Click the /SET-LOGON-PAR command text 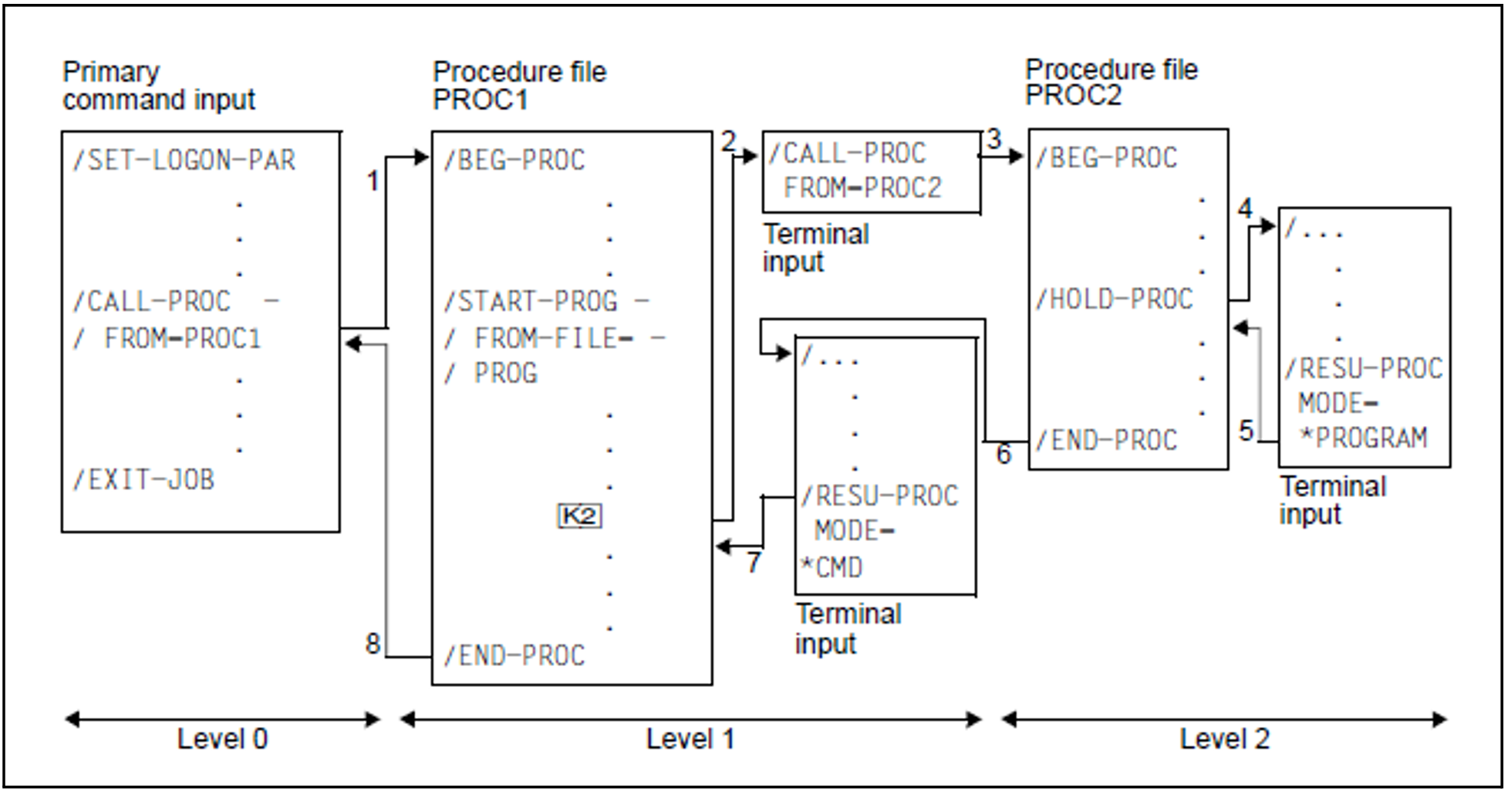(x=184, y=161)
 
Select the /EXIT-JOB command (x=143, y=480)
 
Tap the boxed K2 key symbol (x=579, y=516)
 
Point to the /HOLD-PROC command (x=1114, y=300)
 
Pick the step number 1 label (x=373, y=181)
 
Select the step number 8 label (x=373, y=643)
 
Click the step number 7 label (x=754, y=562)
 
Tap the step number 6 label (x=1003, y=454)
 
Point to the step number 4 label (x=1245, y=208)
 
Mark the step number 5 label (x=1247, y=431)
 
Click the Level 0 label (x=222, y=740)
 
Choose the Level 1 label (x=690, y=740)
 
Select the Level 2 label (x=1224, y=740)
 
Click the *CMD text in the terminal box (x=832, y=568)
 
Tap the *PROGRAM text (x=1363, y=438)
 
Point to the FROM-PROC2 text (x=862, y=188)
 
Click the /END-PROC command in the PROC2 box (x=1106, y=441)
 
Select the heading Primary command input (x=158, y=86)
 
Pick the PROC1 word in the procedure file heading (x=480, y=100)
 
